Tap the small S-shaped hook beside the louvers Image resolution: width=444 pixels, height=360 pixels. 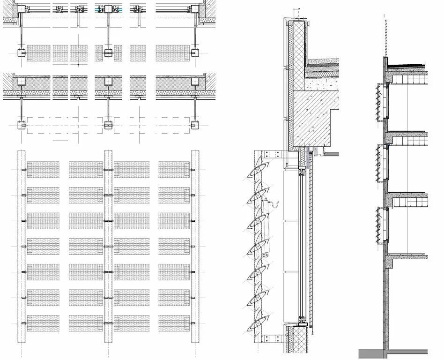click(275, 204)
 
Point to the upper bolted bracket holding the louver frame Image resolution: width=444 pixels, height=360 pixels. click(269, 154)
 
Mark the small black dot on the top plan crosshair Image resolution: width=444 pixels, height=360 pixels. click(78, 63)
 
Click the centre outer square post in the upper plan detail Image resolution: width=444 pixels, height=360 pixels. click(108, 52)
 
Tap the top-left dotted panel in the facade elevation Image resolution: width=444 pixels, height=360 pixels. click(43, 169)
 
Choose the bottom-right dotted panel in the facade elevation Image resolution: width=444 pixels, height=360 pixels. click(174, 322)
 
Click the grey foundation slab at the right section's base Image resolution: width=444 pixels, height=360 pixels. click(393, 352)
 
